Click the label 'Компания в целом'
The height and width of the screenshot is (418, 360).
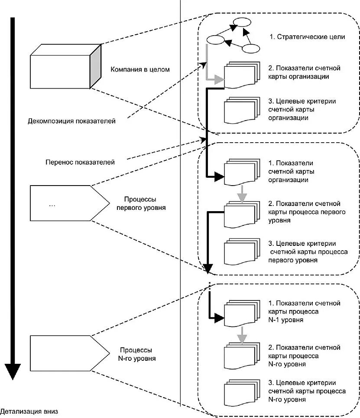(x=140, y=69)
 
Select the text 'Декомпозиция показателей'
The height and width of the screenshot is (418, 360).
(x=71, y=121)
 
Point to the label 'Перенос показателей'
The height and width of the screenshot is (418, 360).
(x=80, y=163)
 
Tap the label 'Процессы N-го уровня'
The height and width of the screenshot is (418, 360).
(x=138, y=354)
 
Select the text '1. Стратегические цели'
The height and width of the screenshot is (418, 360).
(x=307, y=37)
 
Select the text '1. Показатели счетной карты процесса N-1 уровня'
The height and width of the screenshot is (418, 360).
(x=305, y=312)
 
